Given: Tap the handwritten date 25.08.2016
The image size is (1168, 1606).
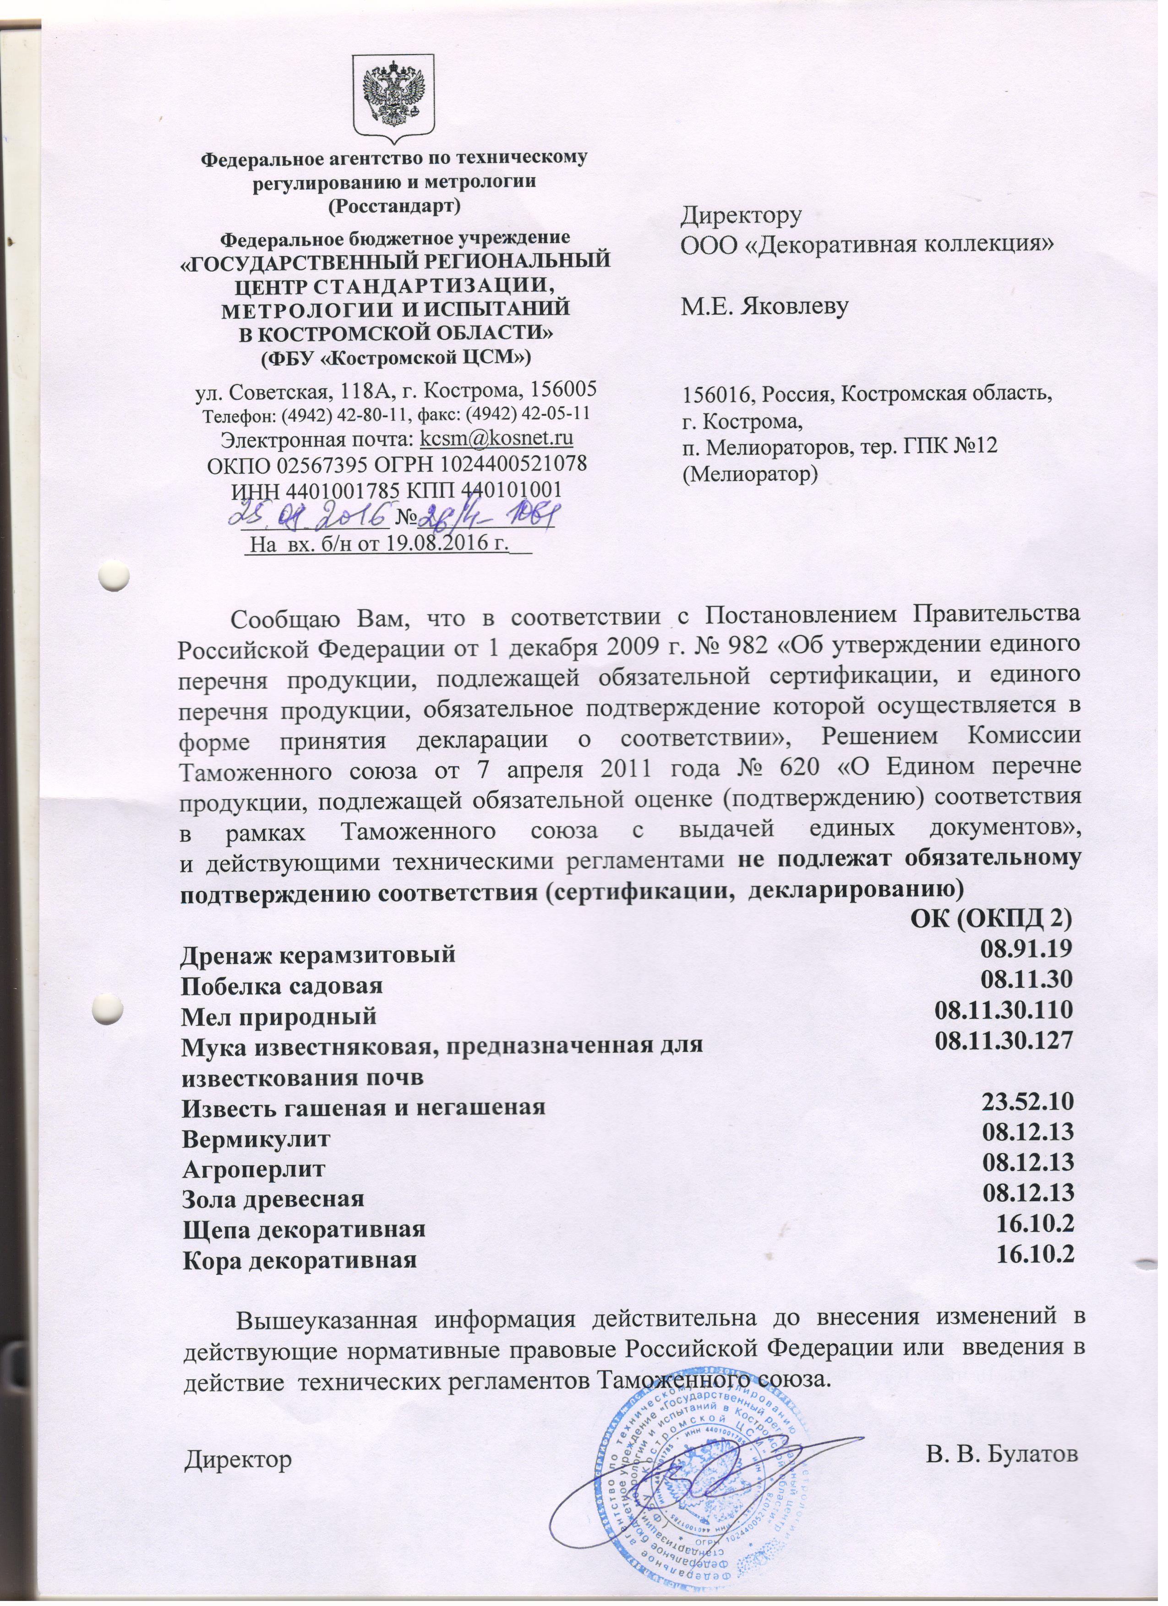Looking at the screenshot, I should tap(311, 513).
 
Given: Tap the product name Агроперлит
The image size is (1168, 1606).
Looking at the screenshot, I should tap(254, 1169).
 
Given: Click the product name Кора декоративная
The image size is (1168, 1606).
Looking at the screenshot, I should tap(299, 1260).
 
